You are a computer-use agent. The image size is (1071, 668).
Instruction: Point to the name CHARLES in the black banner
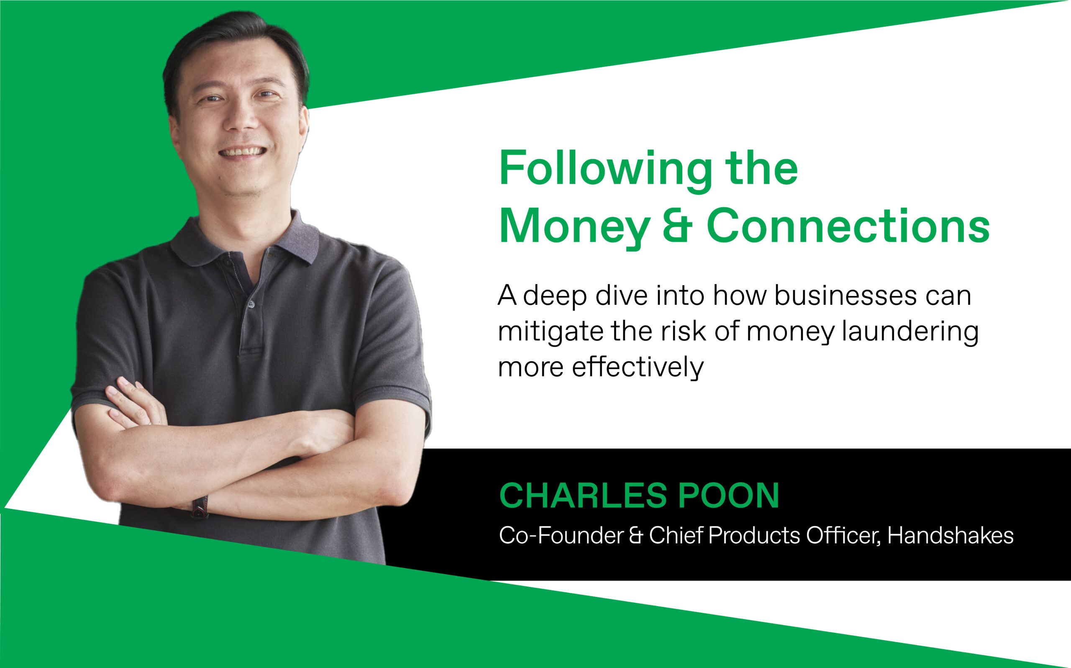[583, 495]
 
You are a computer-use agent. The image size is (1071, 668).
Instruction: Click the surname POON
[728, 495]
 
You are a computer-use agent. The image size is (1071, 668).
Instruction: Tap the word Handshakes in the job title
[951, 535]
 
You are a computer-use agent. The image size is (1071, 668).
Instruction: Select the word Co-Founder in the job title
[561, 535]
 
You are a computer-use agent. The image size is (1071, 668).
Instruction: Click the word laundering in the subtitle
[911, 332]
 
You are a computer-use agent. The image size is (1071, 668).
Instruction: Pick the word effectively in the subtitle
[638, 367]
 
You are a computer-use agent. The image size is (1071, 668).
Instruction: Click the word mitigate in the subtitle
[551, 332]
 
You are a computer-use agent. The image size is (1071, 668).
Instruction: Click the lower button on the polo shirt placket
[251, 304]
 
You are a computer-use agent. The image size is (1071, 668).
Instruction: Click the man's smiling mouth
[243, 152]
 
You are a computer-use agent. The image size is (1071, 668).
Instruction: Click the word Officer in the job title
[844, 535]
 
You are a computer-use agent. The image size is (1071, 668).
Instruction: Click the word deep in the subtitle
[555, 296]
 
